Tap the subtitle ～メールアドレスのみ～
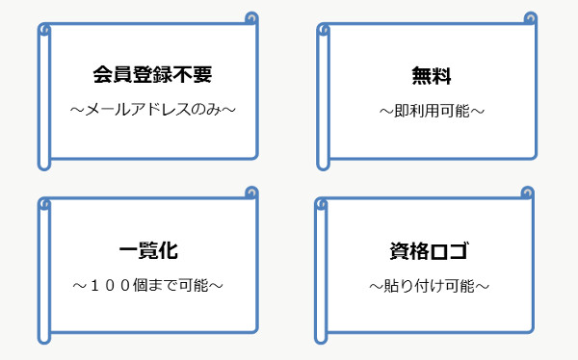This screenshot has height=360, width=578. coord(152,110)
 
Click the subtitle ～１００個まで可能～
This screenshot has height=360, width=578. coord(148,286)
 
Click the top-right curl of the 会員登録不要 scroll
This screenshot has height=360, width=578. coord(251,18)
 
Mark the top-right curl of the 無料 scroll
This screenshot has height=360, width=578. coord(529,18)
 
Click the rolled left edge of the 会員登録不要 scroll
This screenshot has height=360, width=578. coord(43,96)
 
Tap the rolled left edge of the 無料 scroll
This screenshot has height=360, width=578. coord(322,96)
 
